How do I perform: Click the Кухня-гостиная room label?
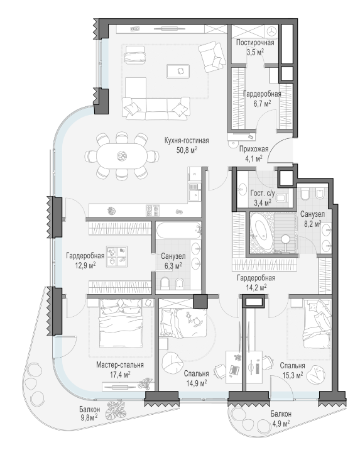tap(187, 141)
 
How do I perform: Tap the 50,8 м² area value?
tap(187, 150)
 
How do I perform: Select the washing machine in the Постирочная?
tap(271, 31)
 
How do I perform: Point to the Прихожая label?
tap(254, 149)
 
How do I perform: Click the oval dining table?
tap(122, 156)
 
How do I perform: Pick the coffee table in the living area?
tap(178, 71)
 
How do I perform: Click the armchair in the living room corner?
tap(212, 57)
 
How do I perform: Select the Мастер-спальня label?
tap(120, 365)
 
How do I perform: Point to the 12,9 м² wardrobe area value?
tap(85, 265)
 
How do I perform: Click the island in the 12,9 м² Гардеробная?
tap(117, 256)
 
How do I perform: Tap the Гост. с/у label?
tap(263, 194)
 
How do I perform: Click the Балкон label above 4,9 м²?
tap(281, 414)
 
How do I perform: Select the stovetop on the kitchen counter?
tap(153, 211)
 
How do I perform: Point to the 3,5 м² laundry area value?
tap(255, 52)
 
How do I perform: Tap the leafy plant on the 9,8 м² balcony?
tap(116, 409)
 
